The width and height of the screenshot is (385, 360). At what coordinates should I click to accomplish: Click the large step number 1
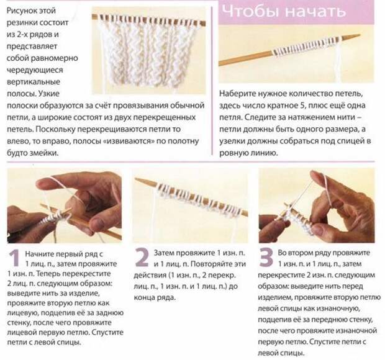pyautogui.click(x=14, y=258)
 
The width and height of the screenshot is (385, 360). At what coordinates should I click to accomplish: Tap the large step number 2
pyautogui.click(x=142, y=258)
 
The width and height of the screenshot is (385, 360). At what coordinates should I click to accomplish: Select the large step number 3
pyautogui.click(x=266, y=258)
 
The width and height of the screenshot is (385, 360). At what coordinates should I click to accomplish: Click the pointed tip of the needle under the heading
pyautogui.click(x=359, y=35)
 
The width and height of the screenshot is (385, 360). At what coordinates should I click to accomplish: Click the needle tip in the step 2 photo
pyautogui.click(x=137, y=179)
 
